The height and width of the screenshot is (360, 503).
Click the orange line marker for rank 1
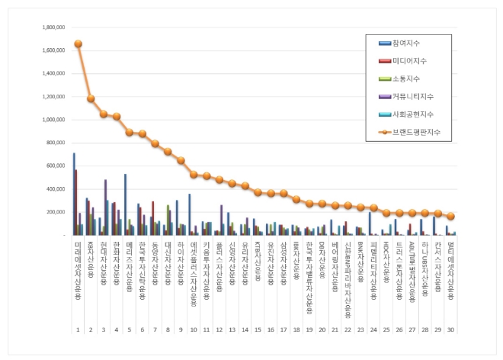(78, 43)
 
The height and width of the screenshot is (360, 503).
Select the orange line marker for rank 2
(91, 98)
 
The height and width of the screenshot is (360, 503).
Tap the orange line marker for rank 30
(450, 216)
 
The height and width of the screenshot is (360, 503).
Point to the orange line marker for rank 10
(194, 174)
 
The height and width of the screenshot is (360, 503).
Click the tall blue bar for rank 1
(74, 194)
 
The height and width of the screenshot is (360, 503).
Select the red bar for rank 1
(76, 202)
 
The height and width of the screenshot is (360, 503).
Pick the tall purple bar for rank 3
(105, 207)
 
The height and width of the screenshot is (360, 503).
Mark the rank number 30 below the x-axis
(450, 330)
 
